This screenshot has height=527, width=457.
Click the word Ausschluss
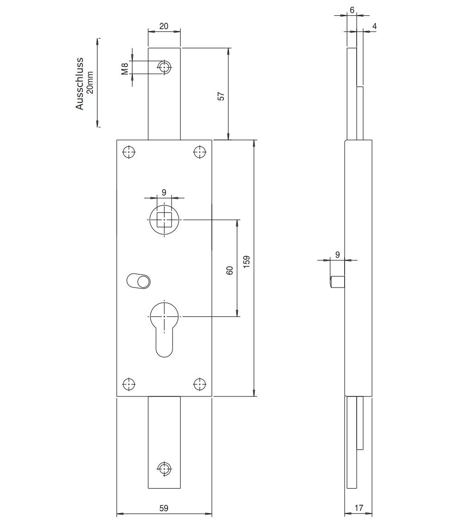[x=79, y=84]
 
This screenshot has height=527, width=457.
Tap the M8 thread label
[x=125, y=69]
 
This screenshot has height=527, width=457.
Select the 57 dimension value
[x=221, y=96]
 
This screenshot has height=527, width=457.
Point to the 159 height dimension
[x=247, y=262]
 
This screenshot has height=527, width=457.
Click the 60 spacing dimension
[x=230, y=270]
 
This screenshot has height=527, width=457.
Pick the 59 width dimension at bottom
[x=164, y=508]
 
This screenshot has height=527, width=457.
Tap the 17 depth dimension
[x=358, y=508]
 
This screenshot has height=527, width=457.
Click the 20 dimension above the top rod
[x=164, y=26]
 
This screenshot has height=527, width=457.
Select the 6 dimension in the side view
[x=352, y=10]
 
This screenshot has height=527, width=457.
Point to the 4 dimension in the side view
[x=375, y=26]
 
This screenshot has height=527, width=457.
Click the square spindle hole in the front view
[x=164, y=220]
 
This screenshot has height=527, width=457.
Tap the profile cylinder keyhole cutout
[x=164, y=329]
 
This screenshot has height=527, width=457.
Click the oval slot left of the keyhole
[x=138, y=281]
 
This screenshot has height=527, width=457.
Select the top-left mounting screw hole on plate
[x=129, y=152]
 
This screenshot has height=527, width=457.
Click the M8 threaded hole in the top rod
[x=164, y=67]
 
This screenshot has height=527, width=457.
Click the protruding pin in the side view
[x=338, y=282]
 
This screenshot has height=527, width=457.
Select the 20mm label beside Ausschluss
[x=90, y=83]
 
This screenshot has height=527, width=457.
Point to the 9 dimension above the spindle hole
[x=164, y=192]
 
